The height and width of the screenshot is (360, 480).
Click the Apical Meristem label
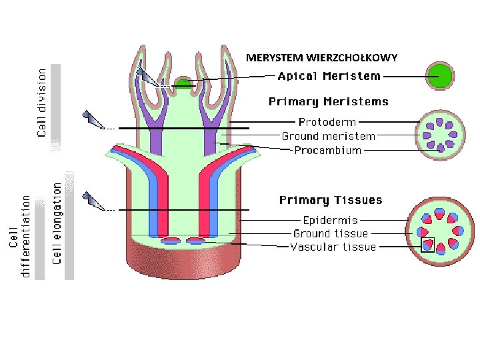click(x=329, y=76)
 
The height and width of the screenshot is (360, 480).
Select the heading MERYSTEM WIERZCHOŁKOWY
click(x=322, y=57)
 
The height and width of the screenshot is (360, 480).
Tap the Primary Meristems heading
click(x=329, y=101)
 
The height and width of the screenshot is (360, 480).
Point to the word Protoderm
click(x=327, y=122)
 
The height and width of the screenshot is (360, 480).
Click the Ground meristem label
click(x=329, y=136)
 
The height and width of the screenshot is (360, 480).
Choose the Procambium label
click(x=327, y=150)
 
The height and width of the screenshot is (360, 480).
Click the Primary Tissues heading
click(x=331, y=200)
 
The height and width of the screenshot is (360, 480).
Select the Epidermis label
click(x=330, y=220)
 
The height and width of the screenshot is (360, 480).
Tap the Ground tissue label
click(x=331, y=233)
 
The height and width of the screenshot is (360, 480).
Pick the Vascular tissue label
click(x=333, y=247)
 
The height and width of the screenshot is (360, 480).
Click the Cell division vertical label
click(x=41, y=103)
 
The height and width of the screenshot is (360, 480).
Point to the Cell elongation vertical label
click(x=57, y=223)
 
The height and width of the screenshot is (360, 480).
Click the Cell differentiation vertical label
click(x=20, y=237)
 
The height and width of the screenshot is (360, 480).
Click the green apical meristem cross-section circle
click(x=440, y=76)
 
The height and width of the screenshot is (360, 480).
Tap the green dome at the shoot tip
click(x=183, y=83)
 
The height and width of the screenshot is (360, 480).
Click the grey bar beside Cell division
click(x=55, y=107)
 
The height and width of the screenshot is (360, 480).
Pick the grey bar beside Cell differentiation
click(x=39, y=238)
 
